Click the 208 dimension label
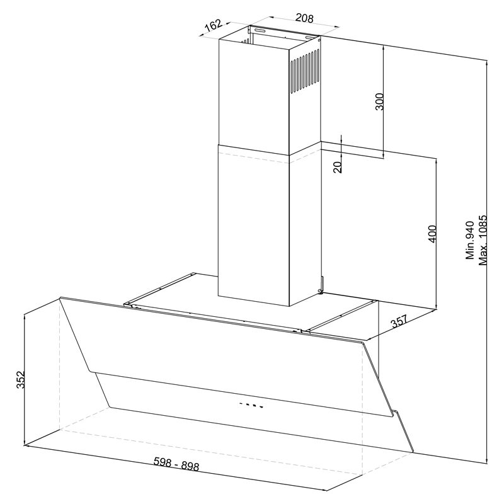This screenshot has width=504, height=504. click(304, 18)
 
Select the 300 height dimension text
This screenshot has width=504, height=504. click(380, 101)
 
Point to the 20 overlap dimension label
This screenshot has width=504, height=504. click(337, 168)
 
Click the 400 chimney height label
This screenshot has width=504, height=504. click(433, 234)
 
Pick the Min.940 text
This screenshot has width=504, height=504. click(470, 240)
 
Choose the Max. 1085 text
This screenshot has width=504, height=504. click(483, 240)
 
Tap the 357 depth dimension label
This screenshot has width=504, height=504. click(400, 321)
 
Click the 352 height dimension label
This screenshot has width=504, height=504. click(21, 380)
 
